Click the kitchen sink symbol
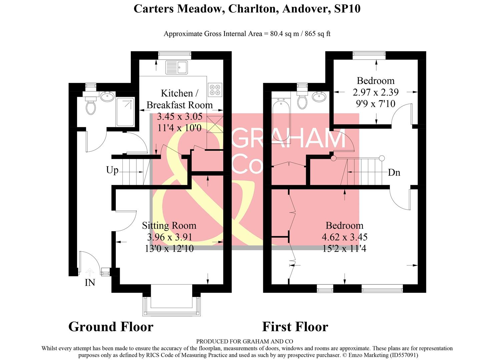click(x=176, y=67)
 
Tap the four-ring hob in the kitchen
click(x=215, y=90)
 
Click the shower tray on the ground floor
click(x=125, y=112)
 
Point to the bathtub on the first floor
click(x=281, y=118)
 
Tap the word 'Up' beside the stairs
click(x=112, y=170)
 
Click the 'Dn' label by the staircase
click(x=394, y=172)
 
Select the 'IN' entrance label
click(x=90, y=283)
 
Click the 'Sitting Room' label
click(x=169, y=226)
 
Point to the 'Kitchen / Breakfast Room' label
click(x=179, y=99)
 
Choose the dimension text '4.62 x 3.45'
click(x=345, y=237)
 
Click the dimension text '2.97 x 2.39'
click(x=376, y=92)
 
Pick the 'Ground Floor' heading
click(x=111, y=327)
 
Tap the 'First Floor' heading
click(x=295, y=327)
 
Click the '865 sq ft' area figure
click(x=317, y=34)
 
